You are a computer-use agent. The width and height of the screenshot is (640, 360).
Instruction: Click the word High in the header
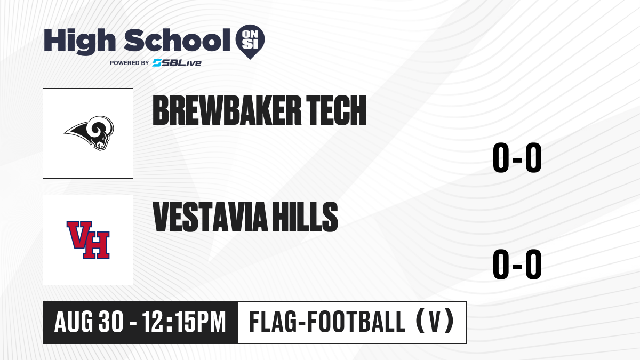pos(79,41)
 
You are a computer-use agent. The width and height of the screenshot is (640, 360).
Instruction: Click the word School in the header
pos(177,40)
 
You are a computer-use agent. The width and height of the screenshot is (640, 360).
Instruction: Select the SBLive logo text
pos(177,63)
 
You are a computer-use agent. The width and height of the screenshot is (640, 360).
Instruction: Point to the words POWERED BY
pos(130,63)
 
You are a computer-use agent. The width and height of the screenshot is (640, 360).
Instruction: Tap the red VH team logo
pos(88,240)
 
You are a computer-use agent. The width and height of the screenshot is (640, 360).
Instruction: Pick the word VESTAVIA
pos(210,217)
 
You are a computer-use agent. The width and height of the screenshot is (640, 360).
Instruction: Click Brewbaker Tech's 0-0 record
pos(517,157)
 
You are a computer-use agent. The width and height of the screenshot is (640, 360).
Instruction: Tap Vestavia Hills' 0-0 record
pos(517,264)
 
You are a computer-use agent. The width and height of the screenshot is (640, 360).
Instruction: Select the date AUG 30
pos(89,322)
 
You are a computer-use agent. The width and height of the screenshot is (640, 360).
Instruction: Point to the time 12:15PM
pos(184,322)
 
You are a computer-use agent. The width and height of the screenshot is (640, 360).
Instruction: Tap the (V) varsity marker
pos(435,321)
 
